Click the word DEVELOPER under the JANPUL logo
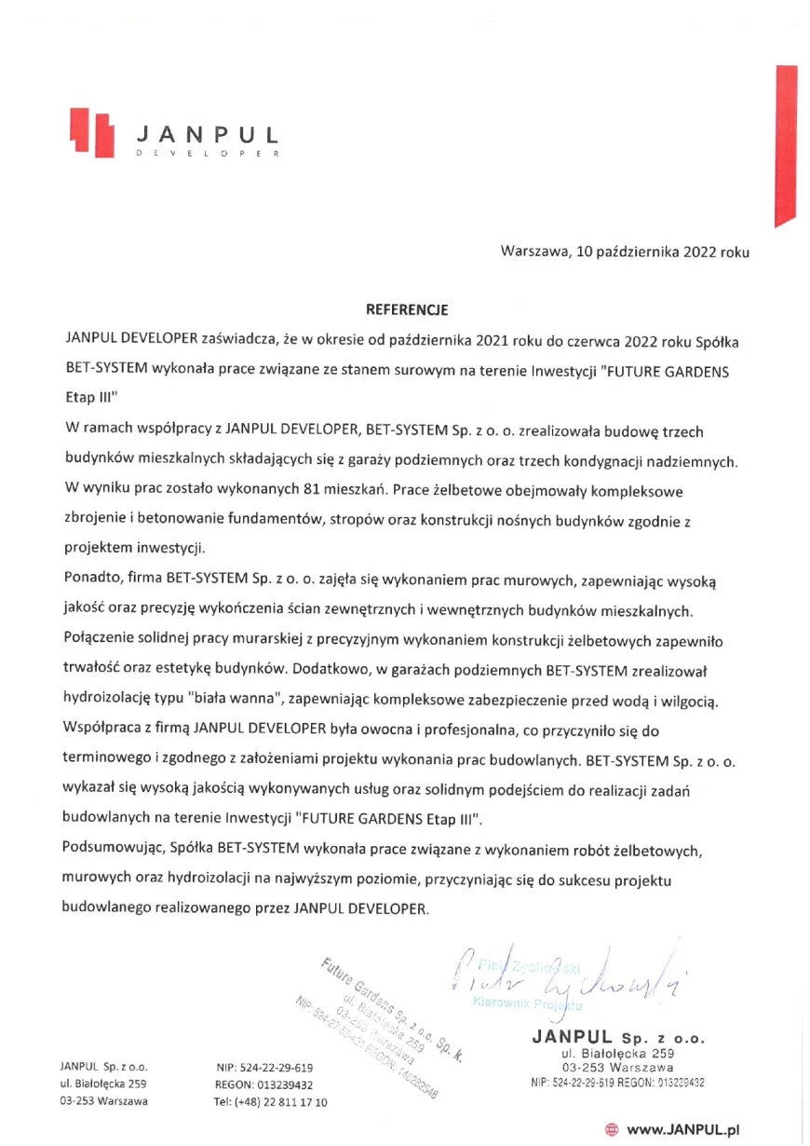click(x=207, y=154)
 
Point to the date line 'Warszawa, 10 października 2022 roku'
click(x=624, y=252)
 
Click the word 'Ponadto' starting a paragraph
click(x=90, y=582)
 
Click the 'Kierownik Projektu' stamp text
click(x=527, y=1003)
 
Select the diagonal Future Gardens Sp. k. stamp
click(x=382, y=1025)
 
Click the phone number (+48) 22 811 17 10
click(x=270, y=1102)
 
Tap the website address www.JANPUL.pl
click(x=682, y=1129)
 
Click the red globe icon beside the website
click(x=612, y=1129)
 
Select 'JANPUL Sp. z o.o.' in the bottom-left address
click(x=103, y=1067)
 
